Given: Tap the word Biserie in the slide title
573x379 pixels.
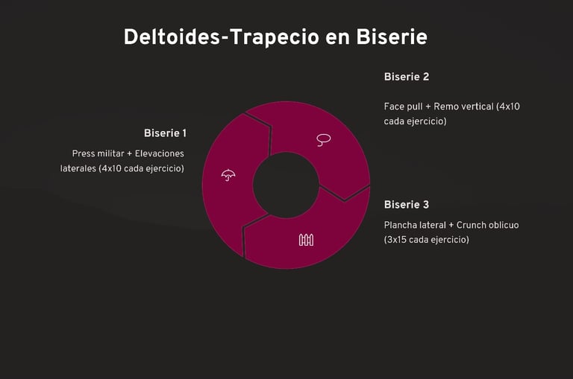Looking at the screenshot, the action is (x=392, y=36).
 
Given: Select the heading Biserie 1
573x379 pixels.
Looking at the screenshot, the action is (x=165, y=133).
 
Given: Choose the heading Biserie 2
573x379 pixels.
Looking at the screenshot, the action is (x=407, y=77).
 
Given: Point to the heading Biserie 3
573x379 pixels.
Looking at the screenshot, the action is (x=407, y=205).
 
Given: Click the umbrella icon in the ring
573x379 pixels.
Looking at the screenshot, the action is (x=228, y=176).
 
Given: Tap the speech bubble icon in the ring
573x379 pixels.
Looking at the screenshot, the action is (x=323, y=139).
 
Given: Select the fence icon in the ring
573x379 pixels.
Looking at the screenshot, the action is (x=306, y=240).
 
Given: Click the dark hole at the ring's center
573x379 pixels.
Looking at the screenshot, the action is (x=286, y=185).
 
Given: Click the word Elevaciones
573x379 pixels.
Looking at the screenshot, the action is (x=159, y=153).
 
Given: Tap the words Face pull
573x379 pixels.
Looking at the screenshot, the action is (x=403, y=106).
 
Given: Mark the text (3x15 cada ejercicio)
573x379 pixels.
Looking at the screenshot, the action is (x=426, y=240).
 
